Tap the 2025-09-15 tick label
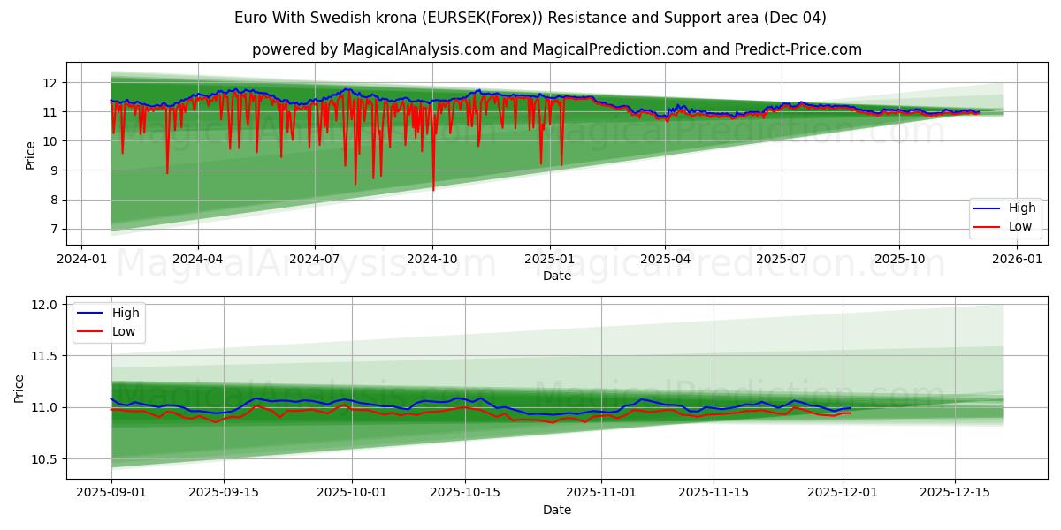click(x=224, y=492)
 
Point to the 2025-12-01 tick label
click(x=843, y=492)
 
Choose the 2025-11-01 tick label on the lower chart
click(x=601, y=492)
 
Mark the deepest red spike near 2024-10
click(x=433, y=188)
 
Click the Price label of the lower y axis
click(x=19, y=388)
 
